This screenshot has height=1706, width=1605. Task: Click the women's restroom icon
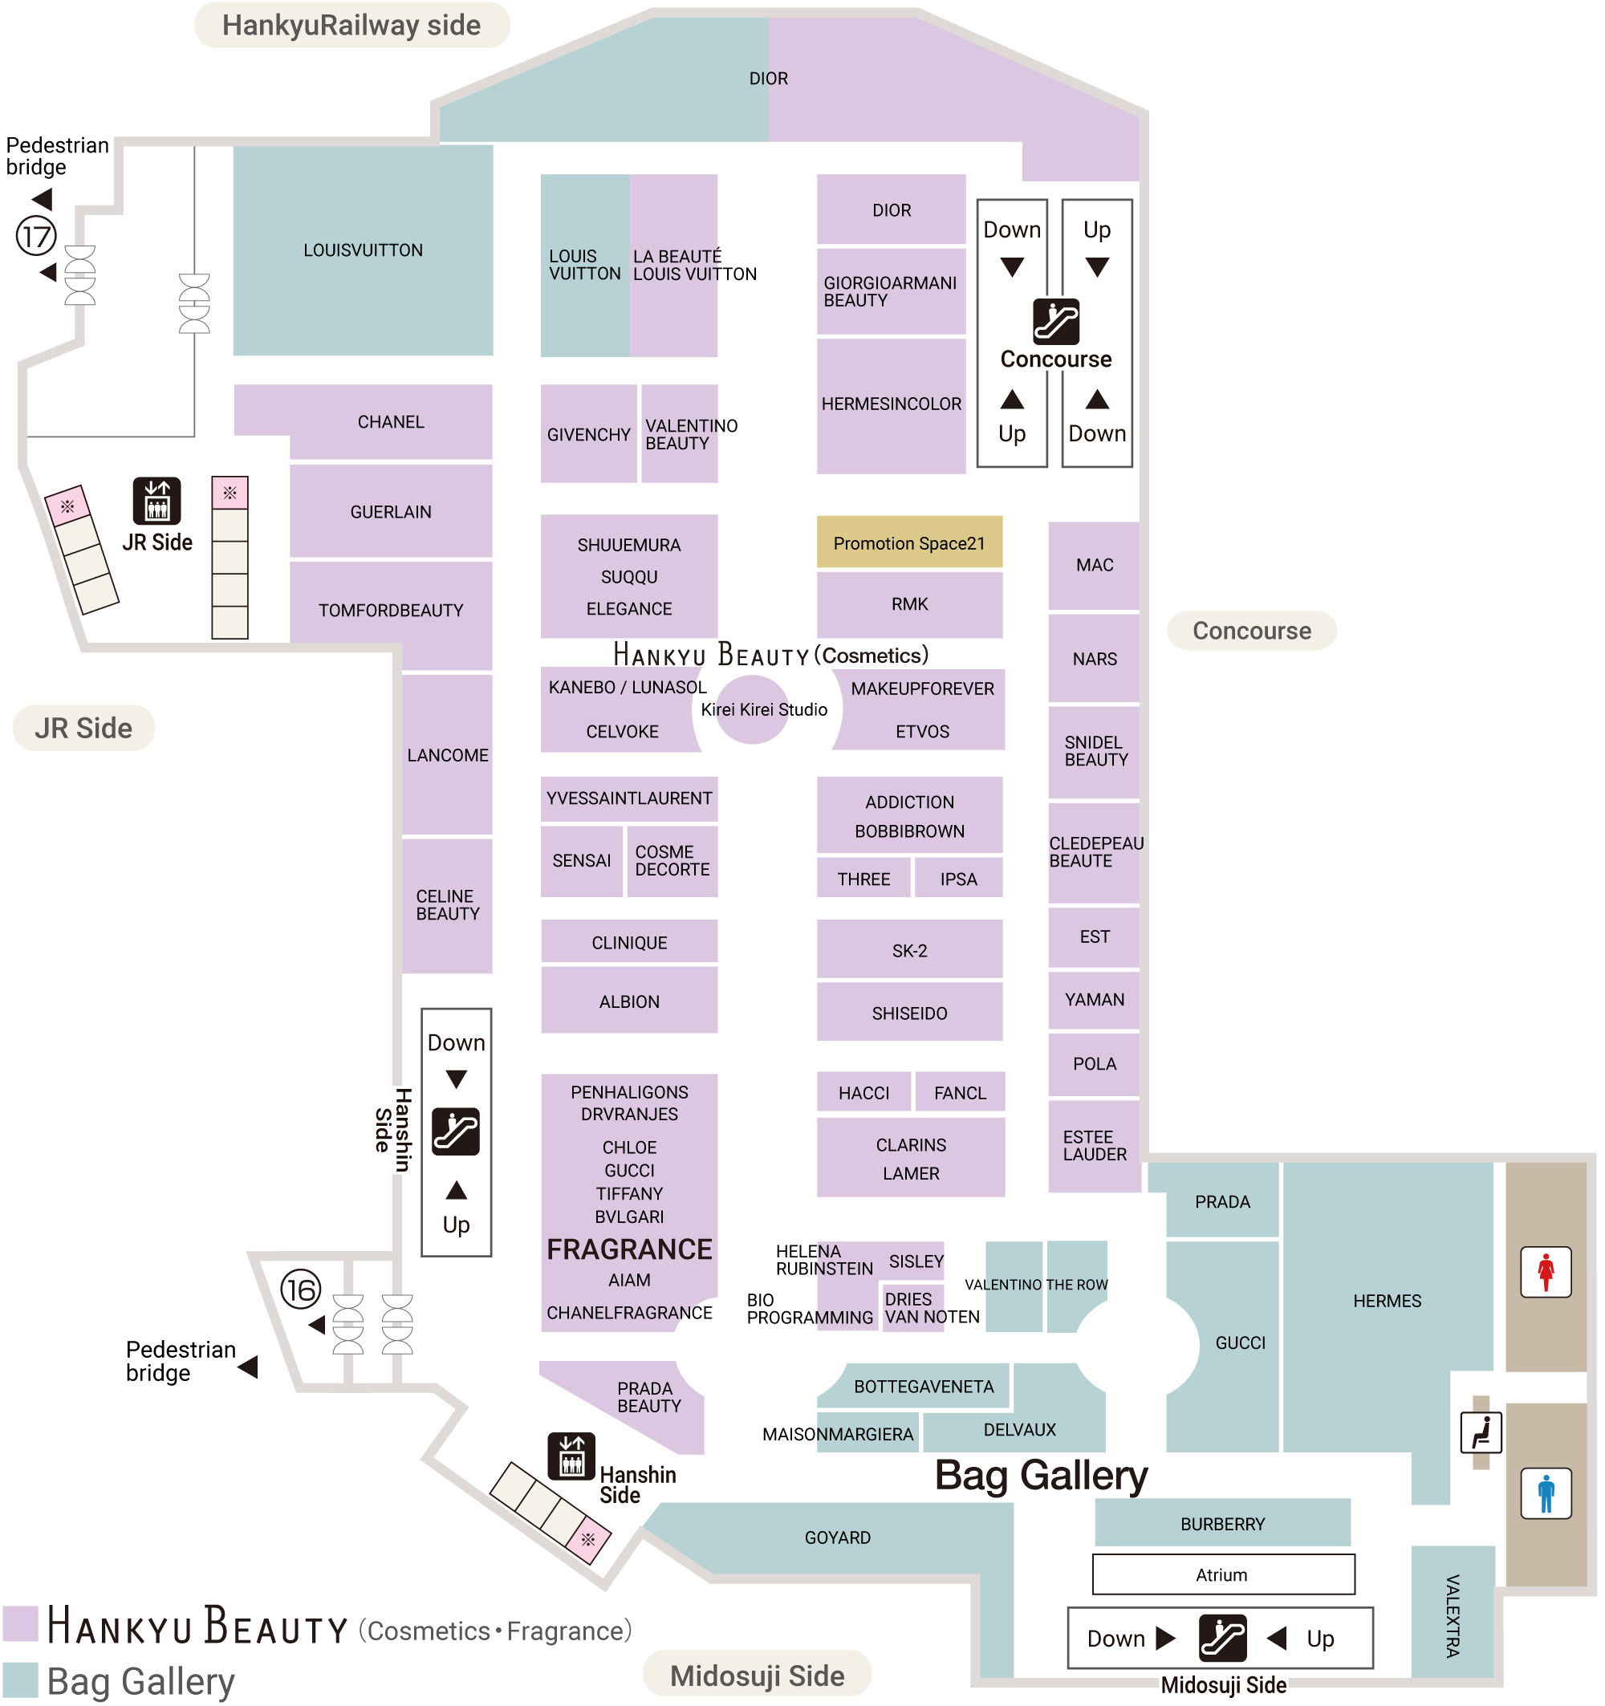pos(1546,1272)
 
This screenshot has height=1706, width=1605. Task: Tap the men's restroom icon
pos(1546,1493)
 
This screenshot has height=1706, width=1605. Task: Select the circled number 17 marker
pos(36,236)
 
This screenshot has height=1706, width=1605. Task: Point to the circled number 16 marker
pos(300,1289)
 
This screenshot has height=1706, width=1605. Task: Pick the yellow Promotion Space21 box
pos(909,542)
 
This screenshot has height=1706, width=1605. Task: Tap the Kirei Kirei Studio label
pos(763,709)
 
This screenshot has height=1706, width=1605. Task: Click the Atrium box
pos(1222,1574)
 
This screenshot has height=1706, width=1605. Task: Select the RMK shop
pos(909,604)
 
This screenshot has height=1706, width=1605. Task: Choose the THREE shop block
pos(863,879)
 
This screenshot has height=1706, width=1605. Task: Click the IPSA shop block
pos(958,879)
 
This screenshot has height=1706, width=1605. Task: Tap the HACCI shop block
pos(863,1092)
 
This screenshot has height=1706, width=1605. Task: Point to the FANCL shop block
pos(960,1092)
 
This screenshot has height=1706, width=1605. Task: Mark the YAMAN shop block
pos(1095,1000)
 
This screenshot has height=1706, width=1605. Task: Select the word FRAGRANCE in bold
pos(629,1249)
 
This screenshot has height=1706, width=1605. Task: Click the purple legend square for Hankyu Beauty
pos(20,1623)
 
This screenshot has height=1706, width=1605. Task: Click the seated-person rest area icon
pos(1481,1432)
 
